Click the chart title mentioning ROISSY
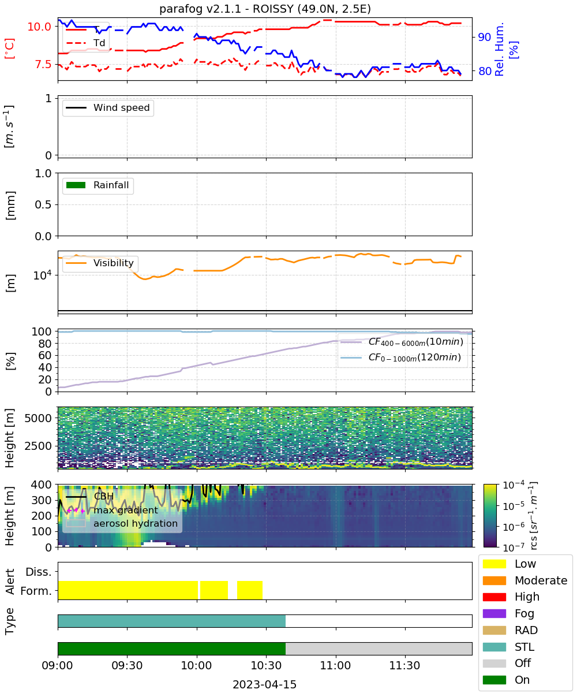point(265,9)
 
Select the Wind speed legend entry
point(108,107)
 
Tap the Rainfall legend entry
point(98,185)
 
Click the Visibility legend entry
point(99,263)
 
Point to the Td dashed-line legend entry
point(85,43)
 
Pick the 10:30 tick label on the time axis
point(266,665)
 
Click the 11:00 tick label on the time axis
point(335,665)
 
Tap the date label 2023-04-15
point(265,684)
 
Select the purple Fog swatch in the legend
point(494,613)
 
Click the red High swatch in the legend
point(494,597)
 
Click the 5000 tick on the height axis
point(38,418)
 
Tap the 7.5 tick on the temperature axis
point(43,64)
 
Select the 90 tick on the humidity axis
point(485,37)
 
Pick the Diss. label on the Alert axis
point(39,572)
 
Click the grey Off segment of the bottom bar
point(379,649)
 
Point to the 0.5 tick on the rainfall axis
point(43,205)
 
